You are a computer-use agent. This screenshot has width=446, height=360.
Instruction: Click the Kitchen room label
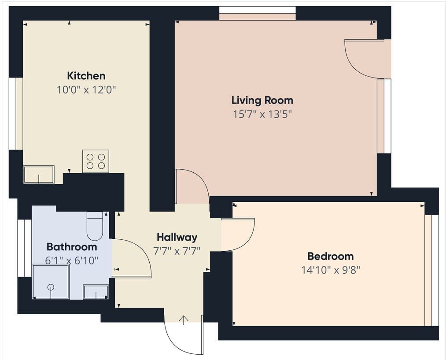[x=86, y=76]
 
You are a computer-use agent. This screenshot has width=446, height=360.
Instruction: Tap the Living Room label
[x=262, y=100]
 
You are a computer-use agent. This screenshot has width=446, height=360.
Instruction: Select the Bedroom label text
[x=331, y=256]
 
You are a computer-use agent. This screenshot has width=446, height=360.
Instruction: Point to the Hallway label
[x=177, y=237]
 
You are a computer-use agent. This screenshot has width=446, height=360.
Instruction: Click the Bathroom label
[x=72, y=247]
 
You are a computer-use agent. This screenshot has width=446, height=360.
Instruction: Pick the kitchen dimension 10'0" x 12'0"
[x=86, y=90]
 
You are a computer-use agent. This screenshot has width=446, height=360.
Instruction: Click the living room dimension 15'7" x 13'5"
[x=262, y=115]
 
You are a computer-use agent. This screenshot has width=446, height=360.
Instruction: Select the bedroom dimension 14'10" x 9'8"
[x=331, y=270]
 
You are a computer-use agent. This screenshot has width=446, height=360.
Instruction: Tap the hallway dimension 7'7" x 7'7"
[x=177, y=251]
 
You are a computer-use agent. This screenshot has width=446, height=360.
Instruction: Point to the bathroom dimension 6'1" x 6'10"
[x=72, y=260]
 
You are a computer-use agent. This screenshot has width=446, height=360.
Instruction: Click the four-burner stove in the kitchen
[x=96, y=161]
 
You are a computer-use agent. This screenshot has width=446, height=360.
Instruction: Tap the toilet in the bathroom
[x=95, y=226]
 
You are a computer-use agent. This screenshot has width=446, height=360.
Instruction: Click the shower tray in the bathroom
[x=51, y=282]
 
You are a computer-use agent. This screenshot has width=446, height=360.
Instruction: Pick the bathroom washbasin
[x=96, y=292]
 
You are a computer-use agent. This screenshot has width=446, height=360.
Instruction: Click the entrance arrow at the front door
[x=184, y=320]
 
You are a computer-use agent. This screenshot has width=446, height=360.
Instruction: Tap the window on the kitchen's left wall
[x=12, y=114]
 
